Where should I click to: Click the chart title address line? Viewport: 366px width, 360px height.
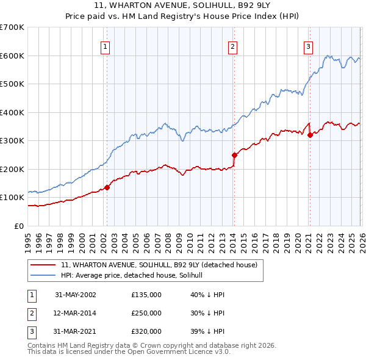[x=182, y=7]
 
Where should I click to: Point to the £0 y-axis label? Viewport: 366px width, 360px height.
[x=18, y=226]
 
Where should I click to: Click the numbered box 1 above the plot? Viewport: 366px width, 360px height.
[x=106, y=46]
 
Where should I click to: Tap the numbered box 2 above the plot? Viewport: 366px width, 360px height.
[x=233, y=46]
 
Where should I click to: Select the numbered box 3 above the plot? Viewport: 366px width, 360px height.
[x=309, y=46]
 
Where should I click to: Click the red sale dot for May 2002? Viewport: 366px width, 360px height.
[x=107, y=187]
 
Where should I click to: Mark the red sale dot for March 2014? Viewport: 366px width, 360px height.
[x=234, y=155]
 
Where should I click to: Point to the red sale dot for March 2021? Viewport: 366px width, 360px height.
[x=310, y=135]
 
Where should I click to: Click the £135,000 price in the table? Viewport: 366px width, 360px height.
[x=146, y=295]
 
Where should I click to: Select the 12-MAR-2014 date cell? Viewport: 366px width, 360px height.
[x=76, y=313]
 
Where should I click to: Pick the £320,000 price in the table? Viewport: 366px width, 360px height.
[x=146, y=331]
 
